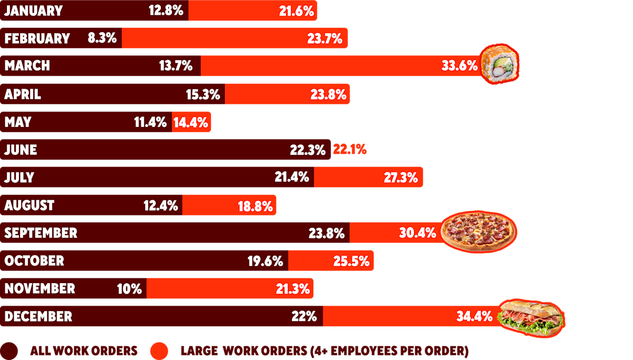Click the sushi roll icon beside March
(x=499, y=65)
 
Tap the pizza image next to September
(x=478, y=231)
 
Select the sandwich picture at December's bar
(x=530, y=316)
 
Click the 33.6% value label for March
(x=459, y=66)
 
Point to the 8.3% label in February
(x=102, y=38)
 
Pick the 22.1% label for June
(x=349, y=150)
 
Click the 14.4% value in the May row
(x=190, y=122)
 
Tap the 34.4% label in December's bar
(x=474, y=317)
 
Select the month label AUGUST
(x=29, y=205)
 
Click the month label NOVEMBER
(x=40, y=288)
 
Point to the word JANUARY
(x=33, y=10)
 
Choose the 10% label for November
(x=129, y=289)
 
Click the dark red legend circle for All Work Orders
(x=9, y=351)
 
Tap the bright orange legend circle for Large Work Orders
(x=159, y=351)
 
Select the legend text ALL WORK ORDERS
(x=83, y=351)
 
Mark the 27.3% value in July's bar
(x=400, y=178)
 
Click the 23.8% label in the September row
(x=327, y=233)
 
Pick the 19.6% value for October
(x=265, y=261)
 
